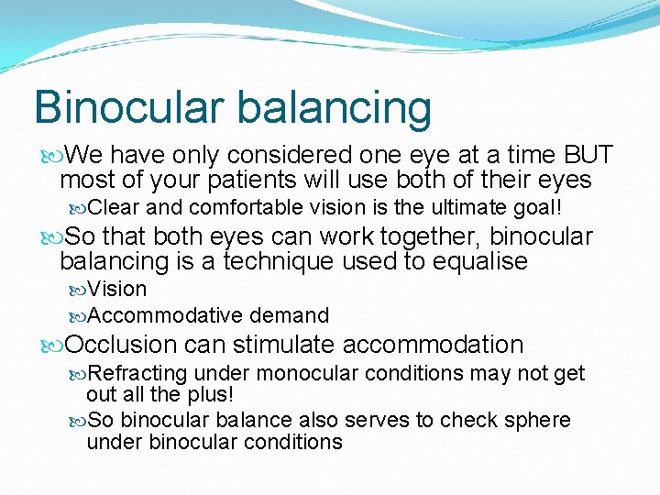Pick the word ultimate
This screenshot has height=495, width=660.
pos(464,207)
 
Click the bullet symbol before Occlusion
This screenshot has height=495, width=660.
pos(49,346)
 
